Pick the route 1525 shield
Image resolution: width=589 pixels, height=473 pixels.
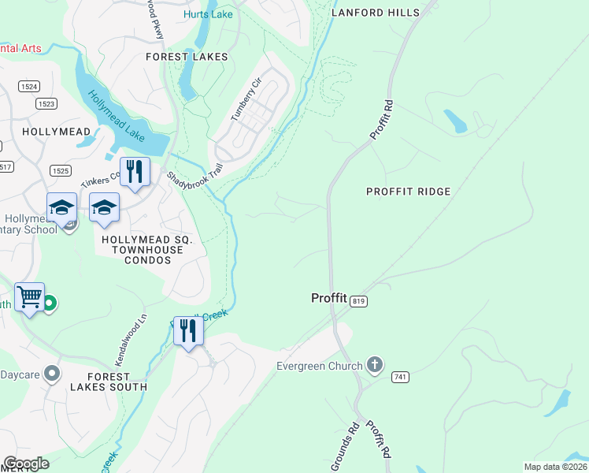[x=60, y=170]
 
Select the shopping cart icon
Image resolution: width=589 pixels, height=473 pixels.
[x=29, y=298]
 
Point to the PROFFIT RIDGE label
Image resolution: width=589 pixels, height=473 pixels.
[x=409, y=192]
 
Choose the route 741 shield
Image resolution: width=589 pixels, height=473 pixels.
[x=400, y=378]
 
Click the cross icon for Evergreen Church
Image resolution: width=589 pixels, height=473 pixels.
[x=375, y=365]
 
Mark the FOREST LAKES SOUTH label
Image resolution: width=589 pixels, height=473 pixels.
[x=108, y=382]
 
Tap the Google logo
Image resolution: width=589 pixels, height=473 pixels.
[x=26, y=464]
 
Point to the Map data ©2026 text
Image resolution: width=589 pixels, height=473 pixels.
[x=555, y=467]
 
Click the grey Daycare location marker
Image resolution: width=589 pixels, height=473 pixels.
[x=53, y=372]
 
